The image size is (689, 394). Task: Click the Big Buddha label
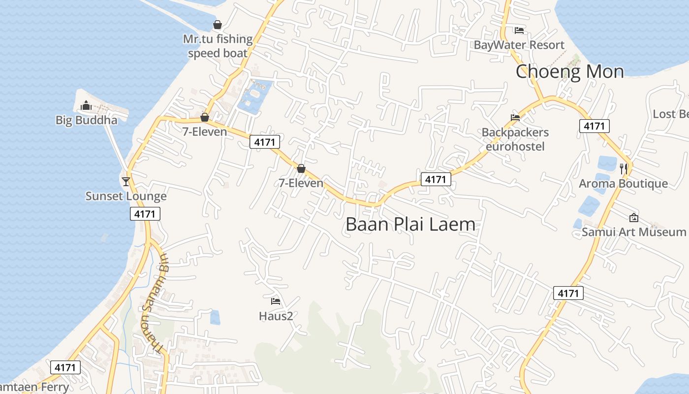click(86, 120)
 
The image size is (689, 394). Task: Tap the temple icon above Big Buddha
click(86, 105)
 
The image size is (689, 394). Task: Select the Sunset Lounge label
click(126, 196)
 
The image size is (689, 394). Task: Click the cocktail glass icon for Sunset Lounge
click(126, 181)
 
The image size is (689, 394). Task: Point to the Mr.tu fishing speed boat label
click(218, 46)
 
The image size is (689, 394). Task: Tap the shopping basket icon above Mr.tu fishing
click(218, 24)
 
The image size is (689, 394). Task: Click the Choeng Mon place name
click(569, 71)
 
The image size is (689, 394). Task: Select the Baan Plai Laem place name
click(410, 225)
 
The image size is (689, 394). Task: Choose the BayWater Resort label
click(519, 45)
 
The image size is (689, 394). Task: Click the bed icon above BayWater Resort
click(519, 30)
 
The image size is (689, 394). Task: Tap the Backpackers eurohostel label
click(515, 139)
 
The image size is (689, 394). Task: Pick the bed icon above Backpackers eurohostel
click(515, 117)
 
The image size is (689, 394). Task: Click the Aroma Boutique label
click(623, 184)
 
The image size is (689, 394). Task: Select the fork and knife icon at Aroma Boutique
click(624, 168)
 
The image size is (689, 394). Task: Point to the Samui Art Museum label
click(633, 232)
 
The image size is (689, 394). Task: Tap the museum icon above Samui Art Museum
click(634, 217)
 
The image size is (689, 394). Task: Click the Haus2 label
click(276, 316)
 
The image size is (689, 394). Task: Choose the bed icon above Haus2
click(276, 301)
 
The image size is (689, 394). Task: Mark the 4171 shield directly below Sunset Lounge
click(145, 214)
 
